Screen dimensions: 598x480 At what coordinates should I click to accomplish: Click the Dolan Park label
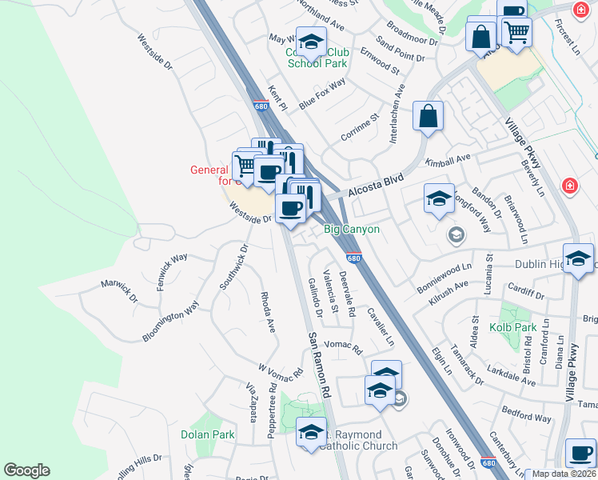pos(207,434)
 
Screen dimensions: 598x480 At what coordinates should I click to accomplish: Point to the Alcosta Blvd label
pos(376,184)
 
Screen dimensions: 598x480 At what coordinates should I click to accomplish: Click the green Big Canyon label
pos(351,230)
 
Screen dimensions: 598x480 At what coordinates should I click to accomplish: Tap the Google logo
pos(26,470)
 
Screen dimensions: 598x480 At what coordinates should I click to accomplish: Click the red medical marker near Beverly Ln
pos(569,186)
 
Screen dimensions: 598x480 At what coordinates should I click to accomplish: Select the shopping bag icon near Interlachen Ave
pos(429,115)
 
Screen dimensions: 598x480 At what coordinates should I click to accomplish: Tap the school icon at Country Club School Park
pos(310,41)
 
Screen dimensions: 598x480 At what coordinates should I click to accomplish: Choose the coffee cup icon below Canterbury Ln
pos(580,453)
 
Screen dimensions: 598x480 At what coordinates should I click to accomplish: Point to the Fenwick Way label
pos(172,270)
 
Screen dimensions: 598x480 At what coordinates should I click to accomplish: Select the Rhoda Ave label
pos(268,311)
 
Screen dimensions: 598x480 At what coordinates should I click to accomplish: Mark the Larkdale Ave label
pos(513,378)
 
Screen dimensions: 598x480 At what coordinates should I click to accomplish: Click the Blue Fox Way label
pos(322,94)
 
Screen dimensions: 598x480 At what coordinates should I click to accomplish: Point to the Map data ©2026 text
pos(564,474)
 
